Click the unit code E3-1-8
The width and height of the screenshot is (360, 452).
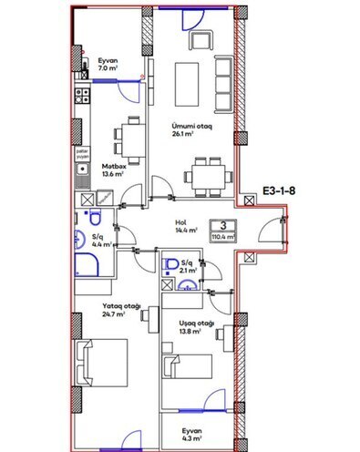(x=284, y=192)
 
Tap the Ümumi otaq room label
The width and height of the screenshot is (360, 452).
(x=192, y=127)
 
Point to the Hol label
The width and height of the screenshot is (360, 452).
(x=182, y=221)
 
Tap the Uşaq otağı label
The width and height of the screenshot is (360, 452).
(x=195, y=323)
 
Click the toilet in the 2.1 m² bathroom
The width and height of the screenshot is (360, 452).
(x=170, y=264)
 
